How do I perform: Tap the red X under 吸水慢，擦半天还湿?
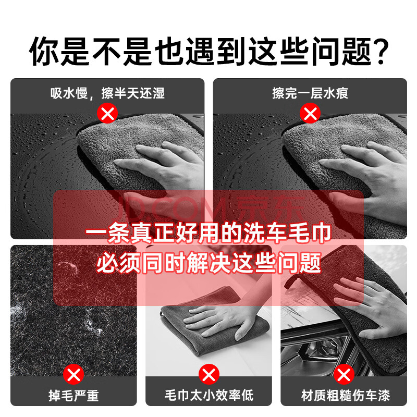(107, 114)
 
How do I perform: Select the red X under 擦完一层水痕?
(310, 114)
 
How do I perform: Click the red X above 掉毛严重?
(73, 374)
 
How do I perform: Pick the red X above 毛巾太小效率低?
(209, 374)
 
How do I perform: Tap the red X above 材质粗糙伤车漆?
(344, 374)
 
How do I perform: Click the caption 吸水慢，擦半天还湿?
(107, 93)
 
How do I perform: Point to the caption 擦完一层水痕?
(310, 93)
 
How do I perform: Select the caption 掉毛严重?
(73, 396)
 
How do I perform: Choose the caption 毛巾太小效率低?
(209, 396)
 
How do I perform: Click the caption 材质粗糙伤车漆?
(345, 396)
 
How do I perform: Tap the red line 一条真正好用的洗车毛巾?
(208, 233)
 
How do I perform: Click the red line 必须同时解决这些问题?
(208, 263)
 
